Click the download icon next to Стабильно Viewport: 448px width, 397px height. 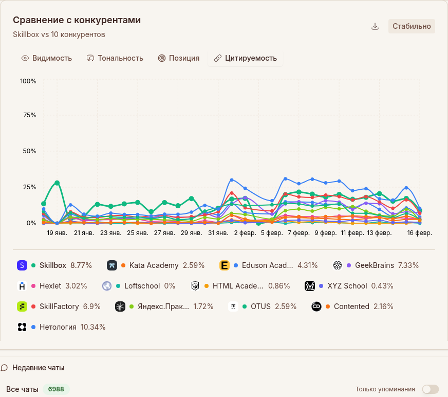375,27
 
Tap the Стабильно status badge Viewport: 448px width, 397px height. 412,26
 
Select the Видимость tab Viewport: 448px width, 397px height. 47,58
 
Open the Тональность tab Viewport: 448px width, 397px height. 115,58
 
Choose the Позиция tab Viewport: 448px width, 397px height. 178,58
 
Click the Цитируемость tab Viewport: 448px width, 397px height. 245,58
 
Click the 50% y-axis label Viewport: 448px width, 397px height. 28,151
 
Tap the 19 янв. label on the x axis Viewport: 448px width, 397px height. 57,233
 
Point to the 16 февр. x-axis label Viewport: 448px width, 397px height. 420,233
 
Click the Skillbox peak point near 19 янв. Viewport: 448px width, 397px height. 57,183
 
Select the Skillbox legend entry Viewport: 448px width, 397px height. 53,265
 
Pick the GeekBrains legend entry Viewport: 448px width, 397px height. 374,265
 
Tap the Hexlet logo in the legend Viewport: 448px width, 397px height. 22,286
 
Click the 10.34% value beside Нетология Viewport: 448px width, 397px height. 93,327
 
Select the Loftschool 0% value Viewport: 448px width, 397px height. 170,286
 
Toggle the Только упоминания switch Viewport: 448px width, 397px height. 430,389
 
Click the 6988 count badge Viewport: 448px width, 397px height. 56,389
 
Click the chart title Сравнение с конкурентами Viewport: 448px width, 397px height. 77,20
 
